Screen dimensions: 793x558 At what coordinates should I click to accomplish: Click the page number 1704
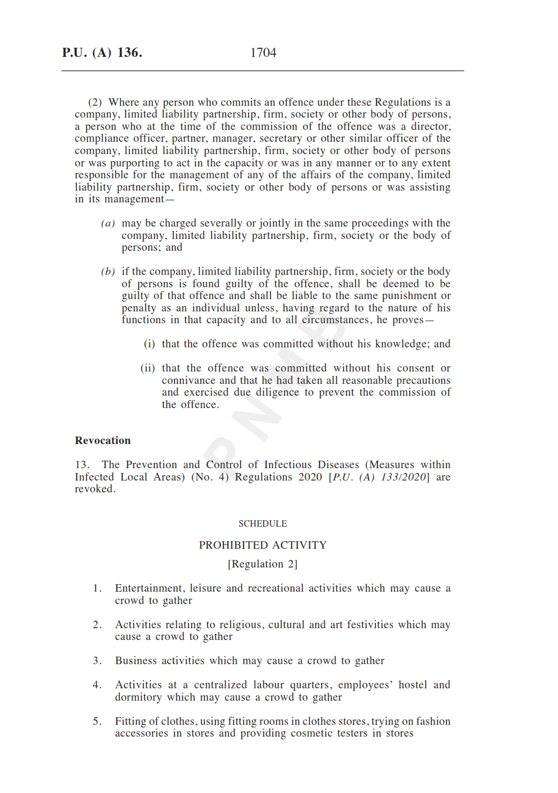click(x=263, y=53)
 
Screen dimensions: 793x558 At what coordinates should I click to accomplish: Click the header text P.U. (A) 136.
click(x=102, y=53)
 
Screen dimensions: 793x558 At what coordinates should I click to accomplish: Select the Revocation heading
click(x=103, y=440)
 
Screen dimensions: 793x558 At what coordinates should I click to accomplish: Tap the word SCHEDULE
click(x=263, y=523)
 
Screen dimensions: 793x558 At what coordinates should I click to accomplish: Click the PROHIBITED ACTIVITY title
click(x=263, y=545)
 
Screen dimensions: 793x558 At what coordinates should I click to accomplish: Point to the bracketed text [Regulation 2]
click(x=263, y=564)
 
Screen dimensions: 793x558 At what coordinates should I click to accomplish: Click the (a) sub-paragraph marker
click(x=108, y=223)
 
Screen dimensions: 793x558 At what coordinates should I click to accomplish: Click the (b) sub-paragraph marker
click(x=108, y=272)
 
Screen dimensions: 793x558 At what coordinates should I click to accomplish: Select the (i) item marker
click(x=149, y=344)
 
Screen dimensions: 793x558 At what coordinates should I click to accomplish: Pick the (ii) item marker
click(x=148, y=368)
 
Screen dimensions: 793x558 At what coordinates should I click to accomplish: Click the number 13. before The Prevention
click(x=82, y=465)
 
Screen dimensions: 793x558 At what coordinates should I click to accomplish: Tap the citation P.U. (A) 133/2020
click(x=379, y=477)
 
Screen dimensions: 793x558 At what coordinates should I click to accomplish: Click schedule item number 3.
click(x=97, y=661)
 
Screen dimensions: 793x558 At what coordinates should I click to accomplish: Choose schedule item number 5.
click(x=97, y=722)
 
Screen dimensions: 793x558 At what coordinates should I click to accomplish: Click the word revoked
click(x=95, y=489)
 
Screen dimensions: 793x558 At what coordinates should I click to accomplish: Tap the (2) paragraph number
click(x=95, y=103)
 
